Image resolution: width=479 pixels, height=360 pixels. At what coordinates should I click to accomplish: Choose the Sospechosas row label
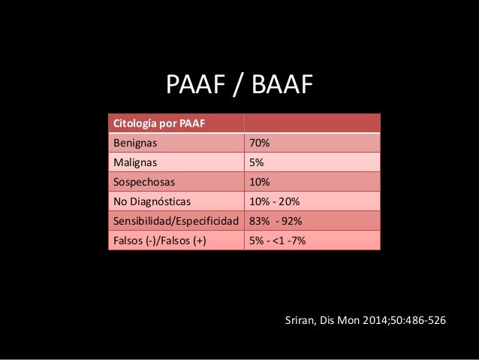(x=140, y=181)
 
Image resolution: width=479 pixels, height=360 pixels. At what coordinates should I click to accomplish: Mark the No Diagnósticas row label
(x=151, y=201)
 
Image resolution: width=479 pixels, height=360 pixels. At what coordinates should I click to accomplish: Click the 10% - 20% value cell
(x=273, y=201)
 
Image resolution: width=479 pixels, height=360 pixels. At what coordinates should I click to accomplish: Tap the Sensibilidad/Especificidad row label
(x=175, y=221)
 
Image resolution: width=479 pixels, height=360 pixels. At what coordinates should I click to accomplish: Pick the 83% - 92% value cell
(x=275, y=221)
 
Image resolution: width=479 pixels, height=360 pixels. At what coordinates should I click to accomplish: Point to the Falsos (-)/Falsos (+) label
(x=158, y=241)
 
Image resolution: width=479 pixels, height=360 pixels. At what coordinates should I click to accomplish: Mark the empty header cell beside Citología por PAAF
(x=312, y=123)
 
